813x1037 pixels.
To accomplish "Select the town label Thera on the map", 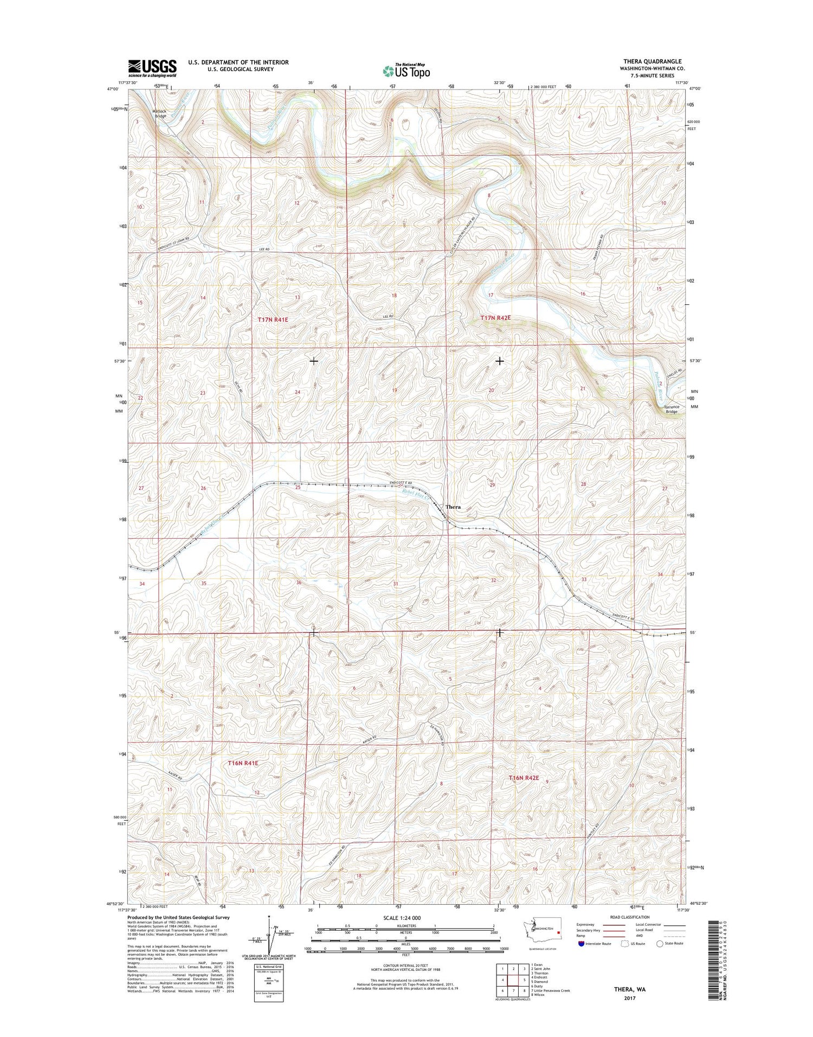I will point(453,507).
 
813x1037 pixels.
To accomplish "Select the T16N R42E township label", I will point(524,778).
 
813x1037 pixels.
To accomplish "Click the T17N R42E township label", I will point(495,317).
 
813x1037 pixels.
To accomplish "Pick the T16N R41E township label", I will point(243,763).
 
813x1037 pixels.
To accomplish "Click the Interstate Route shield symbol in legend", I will point(582,943).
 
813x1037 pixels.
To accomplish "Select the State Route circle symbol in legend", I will point(660,943).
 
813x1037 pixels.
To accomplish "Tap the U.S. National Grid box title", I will point(268,967).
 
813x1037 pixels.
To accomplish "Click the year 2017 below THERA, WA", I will point(629,998).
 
